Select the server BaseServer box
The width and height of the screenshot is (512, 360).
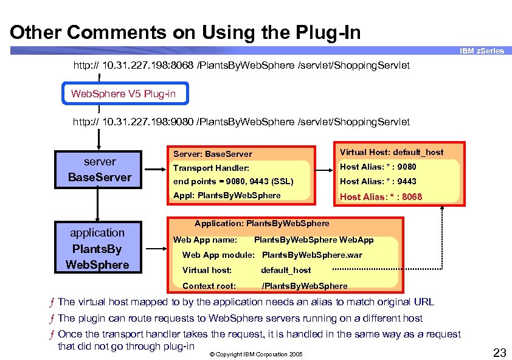coord(100,170)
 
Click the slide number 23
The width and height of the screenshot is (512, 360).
coord(499,352)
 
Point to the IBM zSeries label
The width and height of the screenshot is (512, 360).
coord(482,51)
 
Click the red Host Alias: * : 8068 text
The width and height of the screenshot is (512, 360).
coord(381,196)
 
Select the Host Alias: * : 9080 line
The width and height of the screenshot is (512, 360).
coord(378,167)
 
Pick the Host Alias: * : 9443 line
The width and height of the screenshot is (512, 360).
coord(378,181)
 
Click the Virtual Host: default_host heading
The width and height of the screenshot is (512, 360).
coord(392,152)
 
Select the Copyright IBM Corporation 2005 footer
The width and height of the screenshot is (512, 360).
coord(255,354)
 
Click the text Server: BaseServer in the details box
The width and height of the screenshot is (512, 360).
coord(213,154)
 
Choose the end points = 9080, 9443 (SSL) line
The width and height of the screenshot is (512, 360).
coord(234,181)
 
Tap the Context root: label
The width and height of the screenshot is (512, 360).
coord(209,286)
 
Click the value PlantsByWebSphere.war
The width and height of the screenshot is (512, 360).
coord(311,255)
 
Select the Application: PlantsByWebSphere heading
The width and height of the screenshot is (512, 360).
coord(261,223)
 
